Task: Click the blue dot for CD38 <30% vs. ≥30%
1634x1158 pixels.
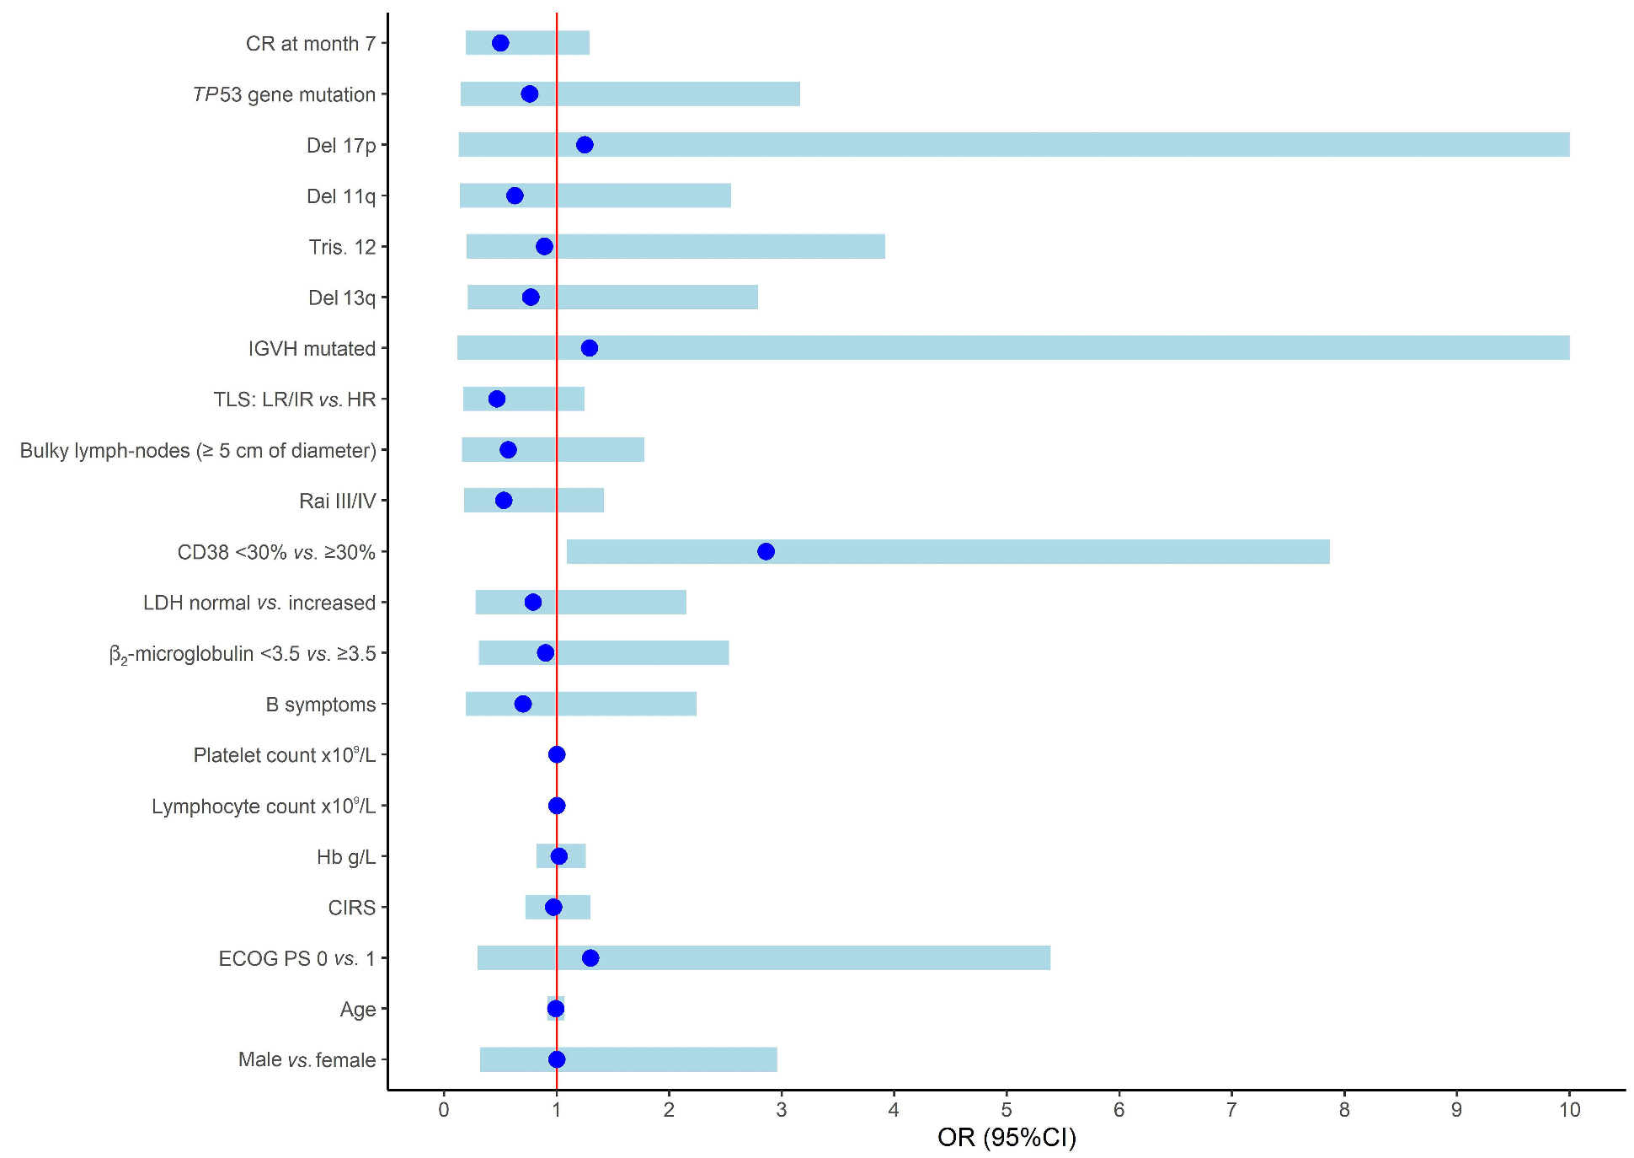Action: click(766, 552)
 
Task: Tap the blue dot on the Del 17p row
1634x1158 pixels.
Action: click(585, 145)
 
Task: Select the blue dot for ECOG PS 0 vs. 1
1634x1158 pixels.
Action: click(590, 958)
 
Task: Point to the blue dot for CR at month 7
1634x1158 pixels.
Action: click(500, 43)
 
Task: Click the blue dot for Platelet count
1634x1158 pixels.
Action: click(557, 754)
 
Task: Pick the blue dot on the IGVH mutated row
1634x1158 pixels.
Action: click(590, 348)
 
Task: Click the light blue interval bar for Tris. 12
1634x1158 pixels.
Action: click(716, 247)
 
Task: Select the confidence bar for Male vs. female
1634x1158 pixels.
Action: click(674, 1059)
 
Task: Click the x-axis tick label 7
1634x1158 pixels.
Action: click(1231, 1110)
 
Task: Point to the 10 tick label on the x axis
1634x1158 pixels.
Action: click(1569, 1110)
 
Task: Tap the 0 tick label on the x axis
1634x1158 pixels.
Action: click(444, 1110)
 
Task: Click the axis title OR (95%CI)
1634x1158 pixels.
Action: click(1007, 1138)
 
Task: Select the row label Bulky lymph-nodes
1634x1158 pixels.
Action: click(198, 451)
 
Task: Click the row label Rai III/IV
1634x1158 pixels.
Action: click(337, 501)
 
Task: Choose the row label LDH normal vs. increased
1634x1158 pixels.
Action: click(259, 603)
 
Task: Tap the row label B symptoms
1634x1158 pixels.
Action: click(321, 705)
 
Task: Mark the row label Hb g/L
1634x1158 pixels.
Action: click(346, 857)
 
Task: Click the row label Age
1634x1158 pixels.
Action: click(358, 1010)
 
